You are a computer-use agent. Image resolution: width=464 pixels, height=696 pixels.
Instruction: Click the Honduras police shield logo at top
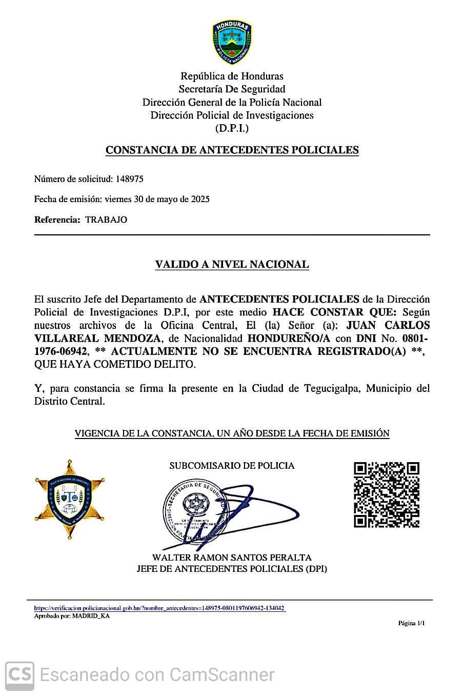232,43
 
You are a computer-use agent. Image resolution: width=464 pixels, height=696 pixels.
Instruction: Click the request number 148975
130,179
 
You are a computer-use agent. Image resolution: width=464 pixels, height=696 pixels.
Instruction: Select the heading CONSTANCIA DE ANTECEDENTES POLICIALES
232,150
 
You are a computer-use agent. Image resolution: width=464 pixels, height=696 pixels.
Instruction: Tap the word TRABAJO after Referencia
106,220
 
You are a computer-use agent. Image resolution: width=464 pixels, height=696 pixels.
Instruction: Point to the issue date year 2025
200,199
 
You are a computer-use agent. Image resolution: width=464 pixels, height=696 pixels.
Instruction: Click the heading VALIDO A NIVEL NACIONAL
232,265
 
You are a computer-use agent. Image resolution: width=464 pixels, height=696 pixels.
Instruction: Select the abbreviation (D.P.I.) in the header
232,128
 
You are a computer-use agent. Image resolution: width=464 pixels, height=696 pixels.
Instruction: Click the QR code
387,495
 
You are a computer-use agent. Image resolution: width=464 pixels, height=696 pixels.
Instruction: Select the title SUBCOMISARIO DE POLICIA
232,466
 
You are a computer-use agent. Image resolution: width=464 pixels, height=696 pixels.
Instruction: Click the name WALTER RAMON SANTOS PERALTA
232,557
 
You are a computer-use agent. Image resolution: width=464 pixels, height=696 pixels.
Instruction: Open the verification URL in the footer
159,608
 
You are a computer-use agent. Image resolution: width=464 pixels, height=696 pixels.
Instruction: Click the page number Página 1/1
412,623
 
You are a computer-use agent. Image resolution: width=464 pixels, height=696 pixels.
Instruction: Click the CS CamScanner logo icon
19,674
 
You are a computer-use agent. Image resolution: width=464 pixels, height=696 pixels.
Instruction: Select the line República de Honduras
232,76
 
